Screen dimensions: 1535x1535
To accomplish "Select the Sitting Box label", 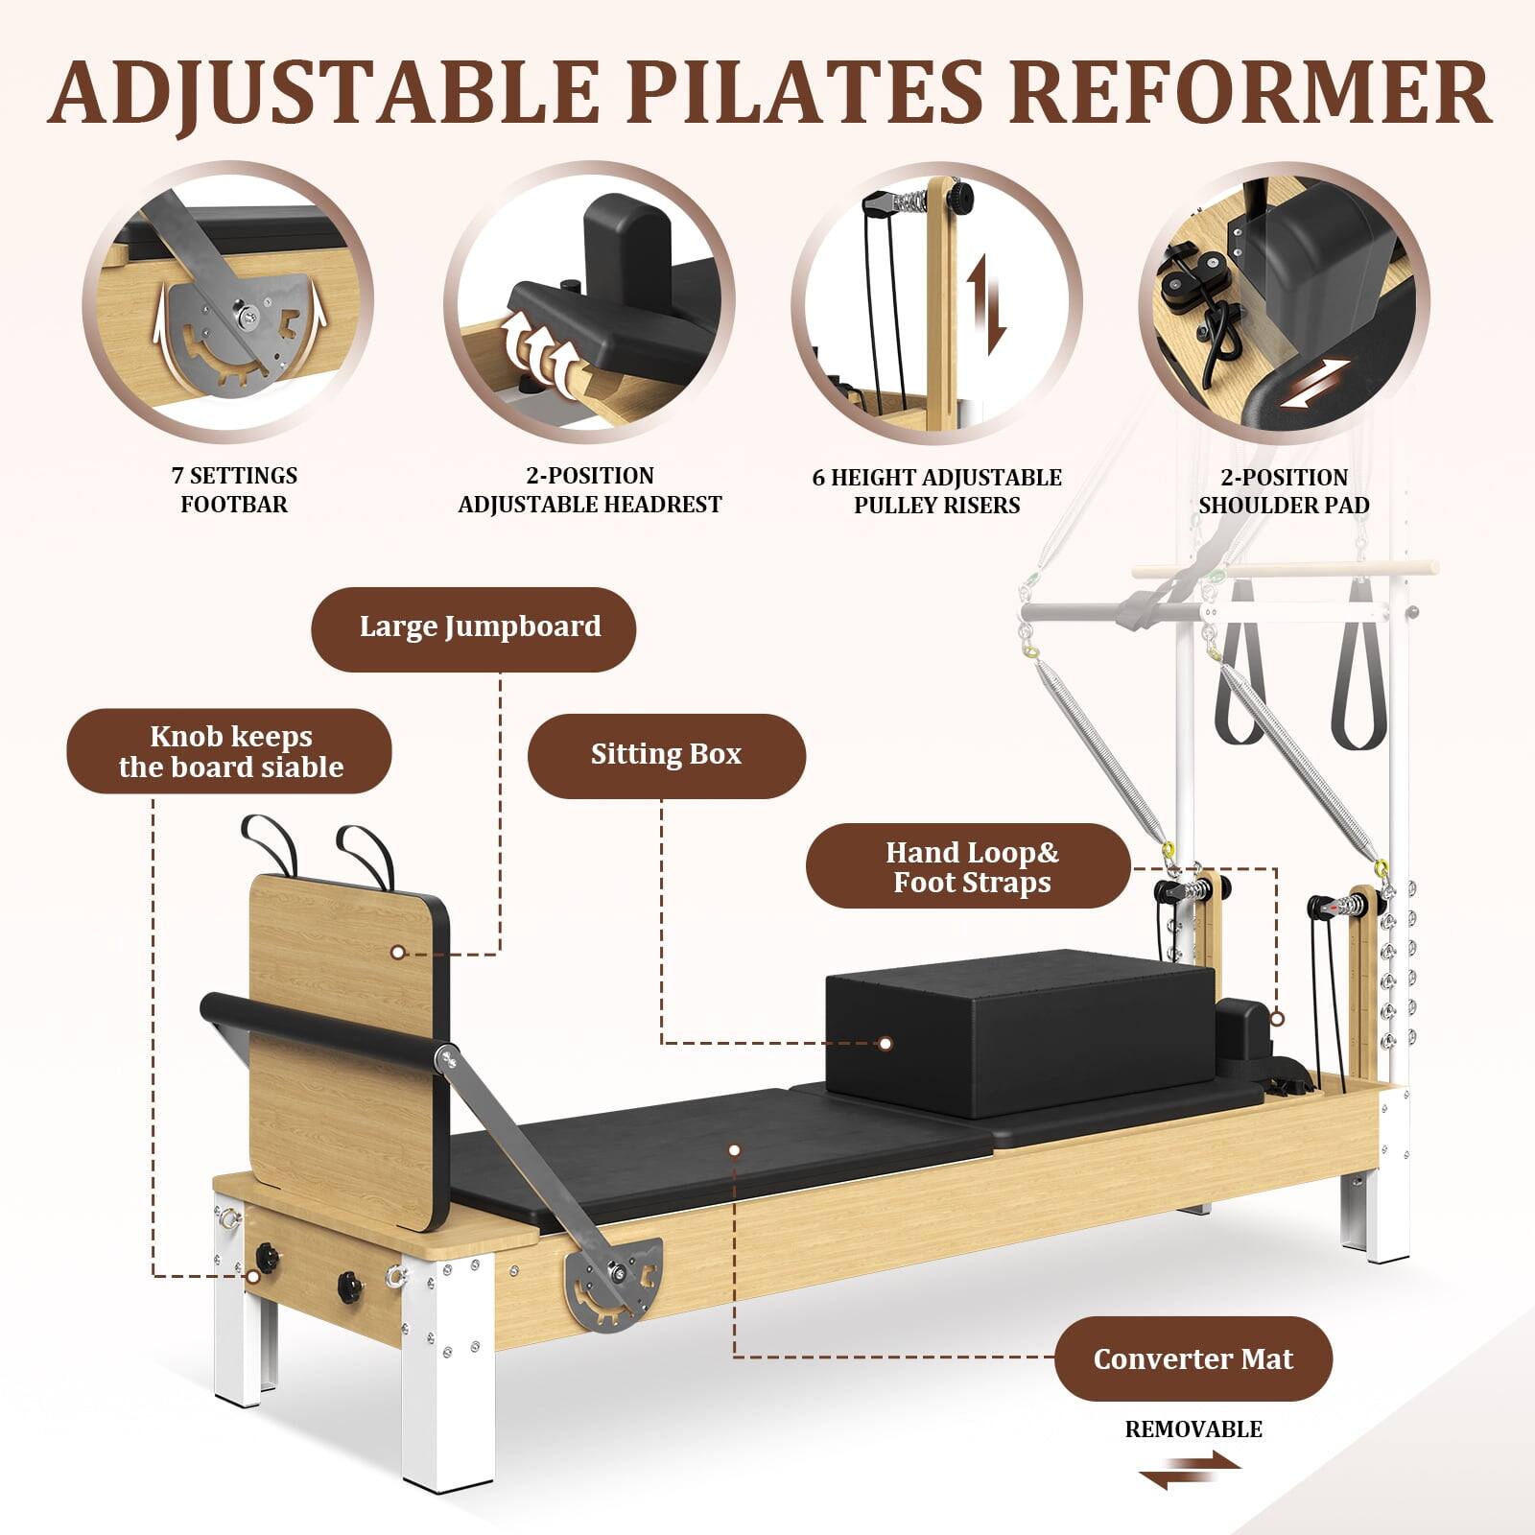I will [666, 756].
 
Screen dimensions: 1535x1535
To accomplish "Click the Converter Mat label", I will [1193, 1358].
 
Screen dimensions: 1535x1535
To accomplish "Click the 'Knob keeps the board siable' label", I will [229, 751].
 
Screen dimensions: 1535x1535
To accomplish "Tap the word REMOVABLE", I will [1193, 1429].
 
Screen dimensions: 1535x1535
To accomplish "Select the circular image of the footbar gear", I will [228, 305].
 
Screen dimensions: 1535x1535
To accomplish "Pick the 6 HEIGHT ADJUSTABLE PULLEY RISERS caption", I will [936, 491].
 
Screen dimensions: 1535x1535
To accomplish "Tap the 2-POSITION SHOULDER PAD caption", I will [1284, 491].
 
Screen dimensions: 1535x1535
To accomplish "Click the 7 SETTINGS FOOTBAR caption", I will [234, 489].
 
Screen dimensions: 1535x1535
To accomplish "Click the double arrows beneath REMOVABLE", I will [1190, 1470].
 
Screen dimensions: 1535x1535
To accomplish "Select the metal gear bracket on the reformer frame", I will [614, 1281].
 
